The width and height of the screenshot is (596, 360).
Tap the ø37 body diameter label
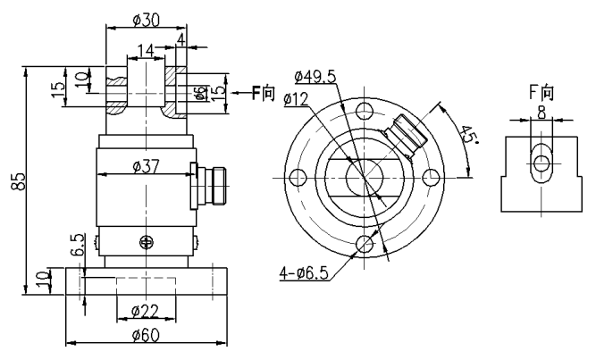tap(146, 166)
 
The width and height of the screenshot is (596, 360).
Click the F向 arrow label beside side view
tap(262, 92)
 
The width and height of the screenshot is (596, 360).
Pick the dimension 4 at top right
tap(181, 39)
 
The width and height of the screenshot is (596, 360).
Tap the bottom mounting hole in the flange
tap(363, 244)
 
